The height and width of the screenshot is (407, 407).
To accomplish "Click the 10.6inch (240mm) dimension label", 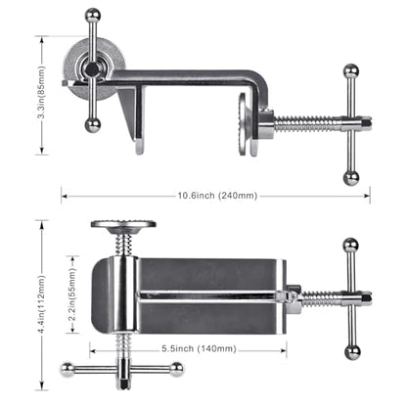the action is pyautogui.click(x=217, y=196).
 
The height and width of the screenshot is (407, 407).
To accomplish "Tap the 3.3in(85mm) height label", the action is pyautogui.click(x=41, y=93).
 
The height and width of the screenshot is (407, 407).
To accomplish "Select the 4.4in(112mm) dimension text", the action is pyautogui.click(x=41, y=304).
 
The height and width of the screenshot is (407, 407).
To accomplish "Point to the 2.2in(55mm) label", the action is pyautogui.click(x=72, y=294).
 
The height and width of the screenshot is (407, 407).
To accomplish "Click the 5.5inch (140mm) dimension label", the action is pyautogui.click(x=199, y=348).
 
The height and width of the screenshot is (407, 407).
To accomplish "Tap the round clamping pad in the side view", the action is pyautogui.click(x=244, y=124).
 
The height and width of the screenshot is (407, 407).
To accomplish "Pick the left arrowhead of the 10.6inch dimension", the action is pyautogui.click(x=65, y=196).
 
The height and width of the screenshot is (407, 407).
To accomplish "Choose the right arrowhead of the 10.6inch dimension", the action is pyautogui.click(x=367, y=196).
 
